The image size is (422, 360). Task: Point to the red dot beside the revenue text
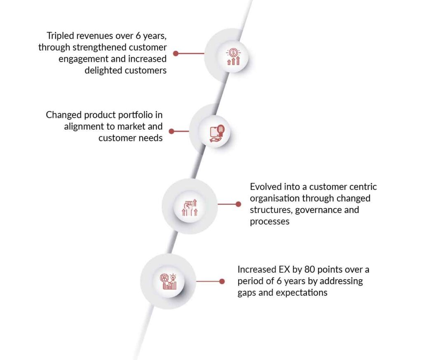[x=176, y=54]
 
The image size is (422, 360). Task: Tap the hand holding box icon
[x=217, y=133]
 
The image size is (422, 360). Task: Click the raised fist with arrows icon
[x=190, y=207]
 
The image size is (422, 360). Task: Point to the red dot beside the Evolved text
[x=238, y=204]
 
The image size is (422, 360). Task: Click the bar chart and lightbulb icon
[x=169, y=281]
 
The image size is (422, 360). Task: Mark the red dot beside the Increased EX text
[x=222, y=281]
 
